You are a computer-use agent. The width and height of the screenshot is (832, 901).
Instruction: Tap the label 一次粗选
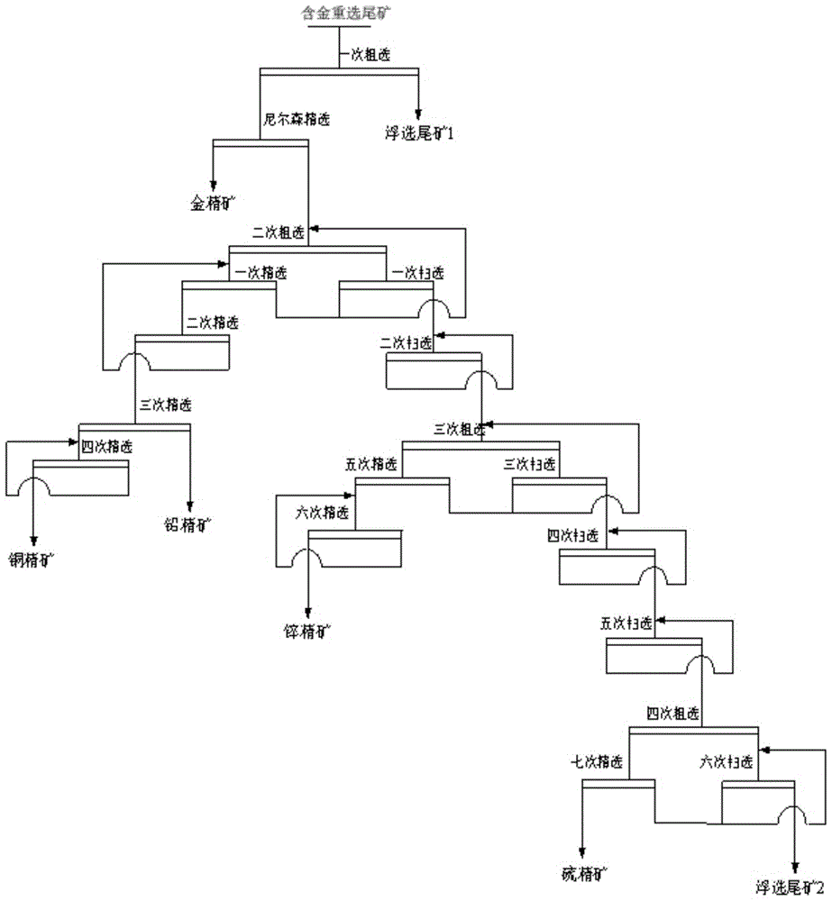point(366,55)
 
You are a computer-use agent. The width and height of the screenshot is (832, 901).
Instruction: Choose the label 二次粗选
point(279,232)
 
